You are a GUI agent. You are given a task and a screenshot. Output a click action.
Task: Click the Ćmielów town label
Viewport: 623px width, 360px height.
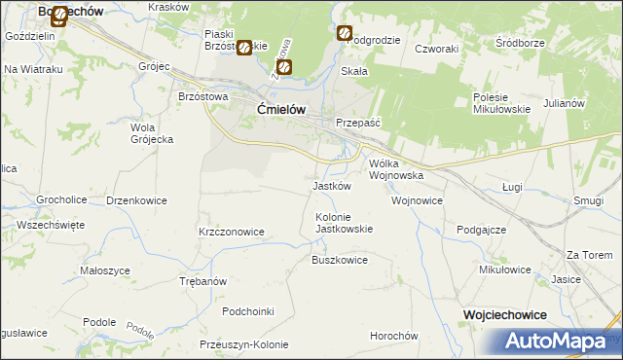282,110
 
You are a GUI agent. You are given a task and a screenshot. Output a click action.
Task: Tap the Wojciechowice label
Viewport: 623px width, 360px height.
504,315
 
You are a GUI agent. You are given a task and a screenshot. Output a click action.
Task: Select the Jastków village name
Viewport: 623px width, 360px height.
331,186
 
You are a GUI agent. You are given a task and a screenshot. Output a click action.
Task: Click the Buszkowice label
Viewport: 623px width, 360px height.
339,260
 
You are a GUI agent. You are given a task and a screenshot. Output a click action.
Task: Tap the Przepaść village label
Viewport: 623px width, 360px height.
356,124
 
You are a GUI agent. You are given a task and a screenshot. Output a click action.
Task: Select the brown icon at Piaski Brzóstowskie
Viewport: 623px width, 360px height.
244,47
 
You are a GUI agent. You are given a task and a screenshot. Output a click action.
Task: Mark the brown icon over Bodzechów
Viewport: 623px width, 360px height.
59,16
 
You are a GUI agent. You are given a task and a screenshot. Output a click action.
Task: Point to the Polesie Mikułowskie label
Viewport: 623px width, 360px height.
501,103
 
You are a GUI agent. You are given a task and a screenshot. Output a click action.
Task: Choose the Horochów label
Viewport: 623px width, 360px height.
393,336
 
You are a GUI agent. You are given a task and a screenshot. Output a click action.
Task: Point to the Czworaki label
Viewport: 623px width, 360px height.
436,48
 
